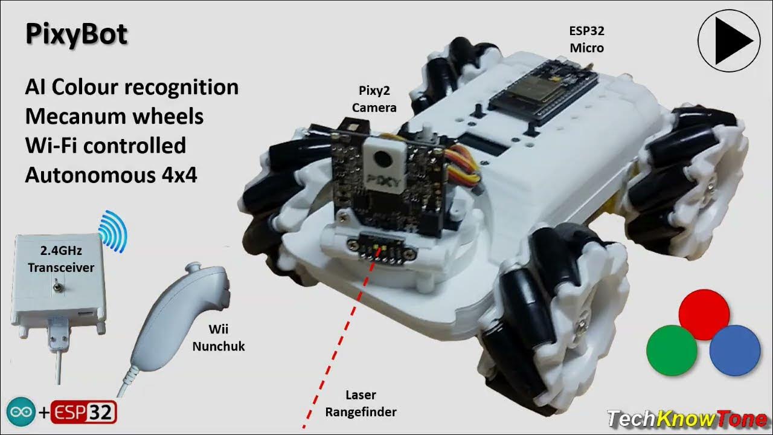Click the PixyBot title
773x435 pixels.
[76, 34]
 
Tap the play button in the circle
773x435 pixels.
[728, 40]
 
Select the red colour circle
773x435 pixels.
[704, 314]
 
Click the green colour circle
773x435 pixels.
[672, 350]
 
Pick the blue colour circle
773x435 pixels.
[734, 350]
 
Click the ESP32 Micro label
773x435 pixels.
[586, 39]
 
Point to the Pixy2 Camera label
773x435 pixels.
[374, 100]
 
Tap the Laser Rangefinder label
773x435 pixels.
[361, 404]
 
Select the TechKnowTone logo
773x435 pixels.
[687, 419]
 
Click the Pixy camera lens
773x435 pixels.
[381, 159]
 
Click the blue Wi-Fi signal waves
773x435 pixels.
[115, 230]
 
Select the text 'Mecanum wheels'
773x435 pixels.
[114, 116]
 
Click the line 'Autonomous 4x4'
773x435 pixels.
[111, 175]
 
